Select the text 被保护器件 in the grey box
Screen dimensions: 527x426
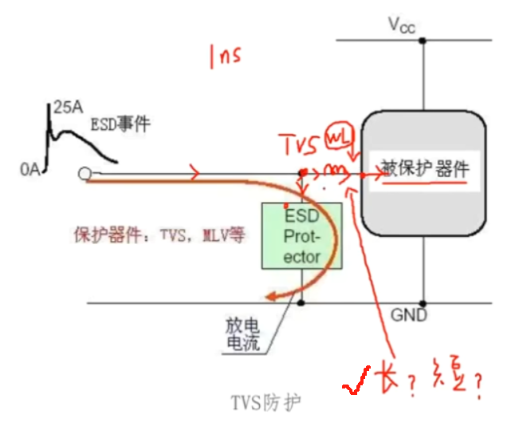[x=424, y=169]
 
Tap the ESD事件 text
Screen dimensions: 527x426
[x=120, y=124]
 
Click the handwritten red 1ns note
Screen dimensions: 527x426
[x=224, y=57]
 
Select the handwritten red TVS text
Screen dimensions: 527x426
[x=299, y=144]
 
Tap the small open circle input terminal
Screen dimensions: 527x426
[x=84, y=174]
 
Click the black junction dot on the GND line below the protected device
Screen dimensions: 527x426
[x=423, y=303]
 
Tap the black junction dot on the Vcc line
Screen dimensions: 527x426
[x=423, y=39]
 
